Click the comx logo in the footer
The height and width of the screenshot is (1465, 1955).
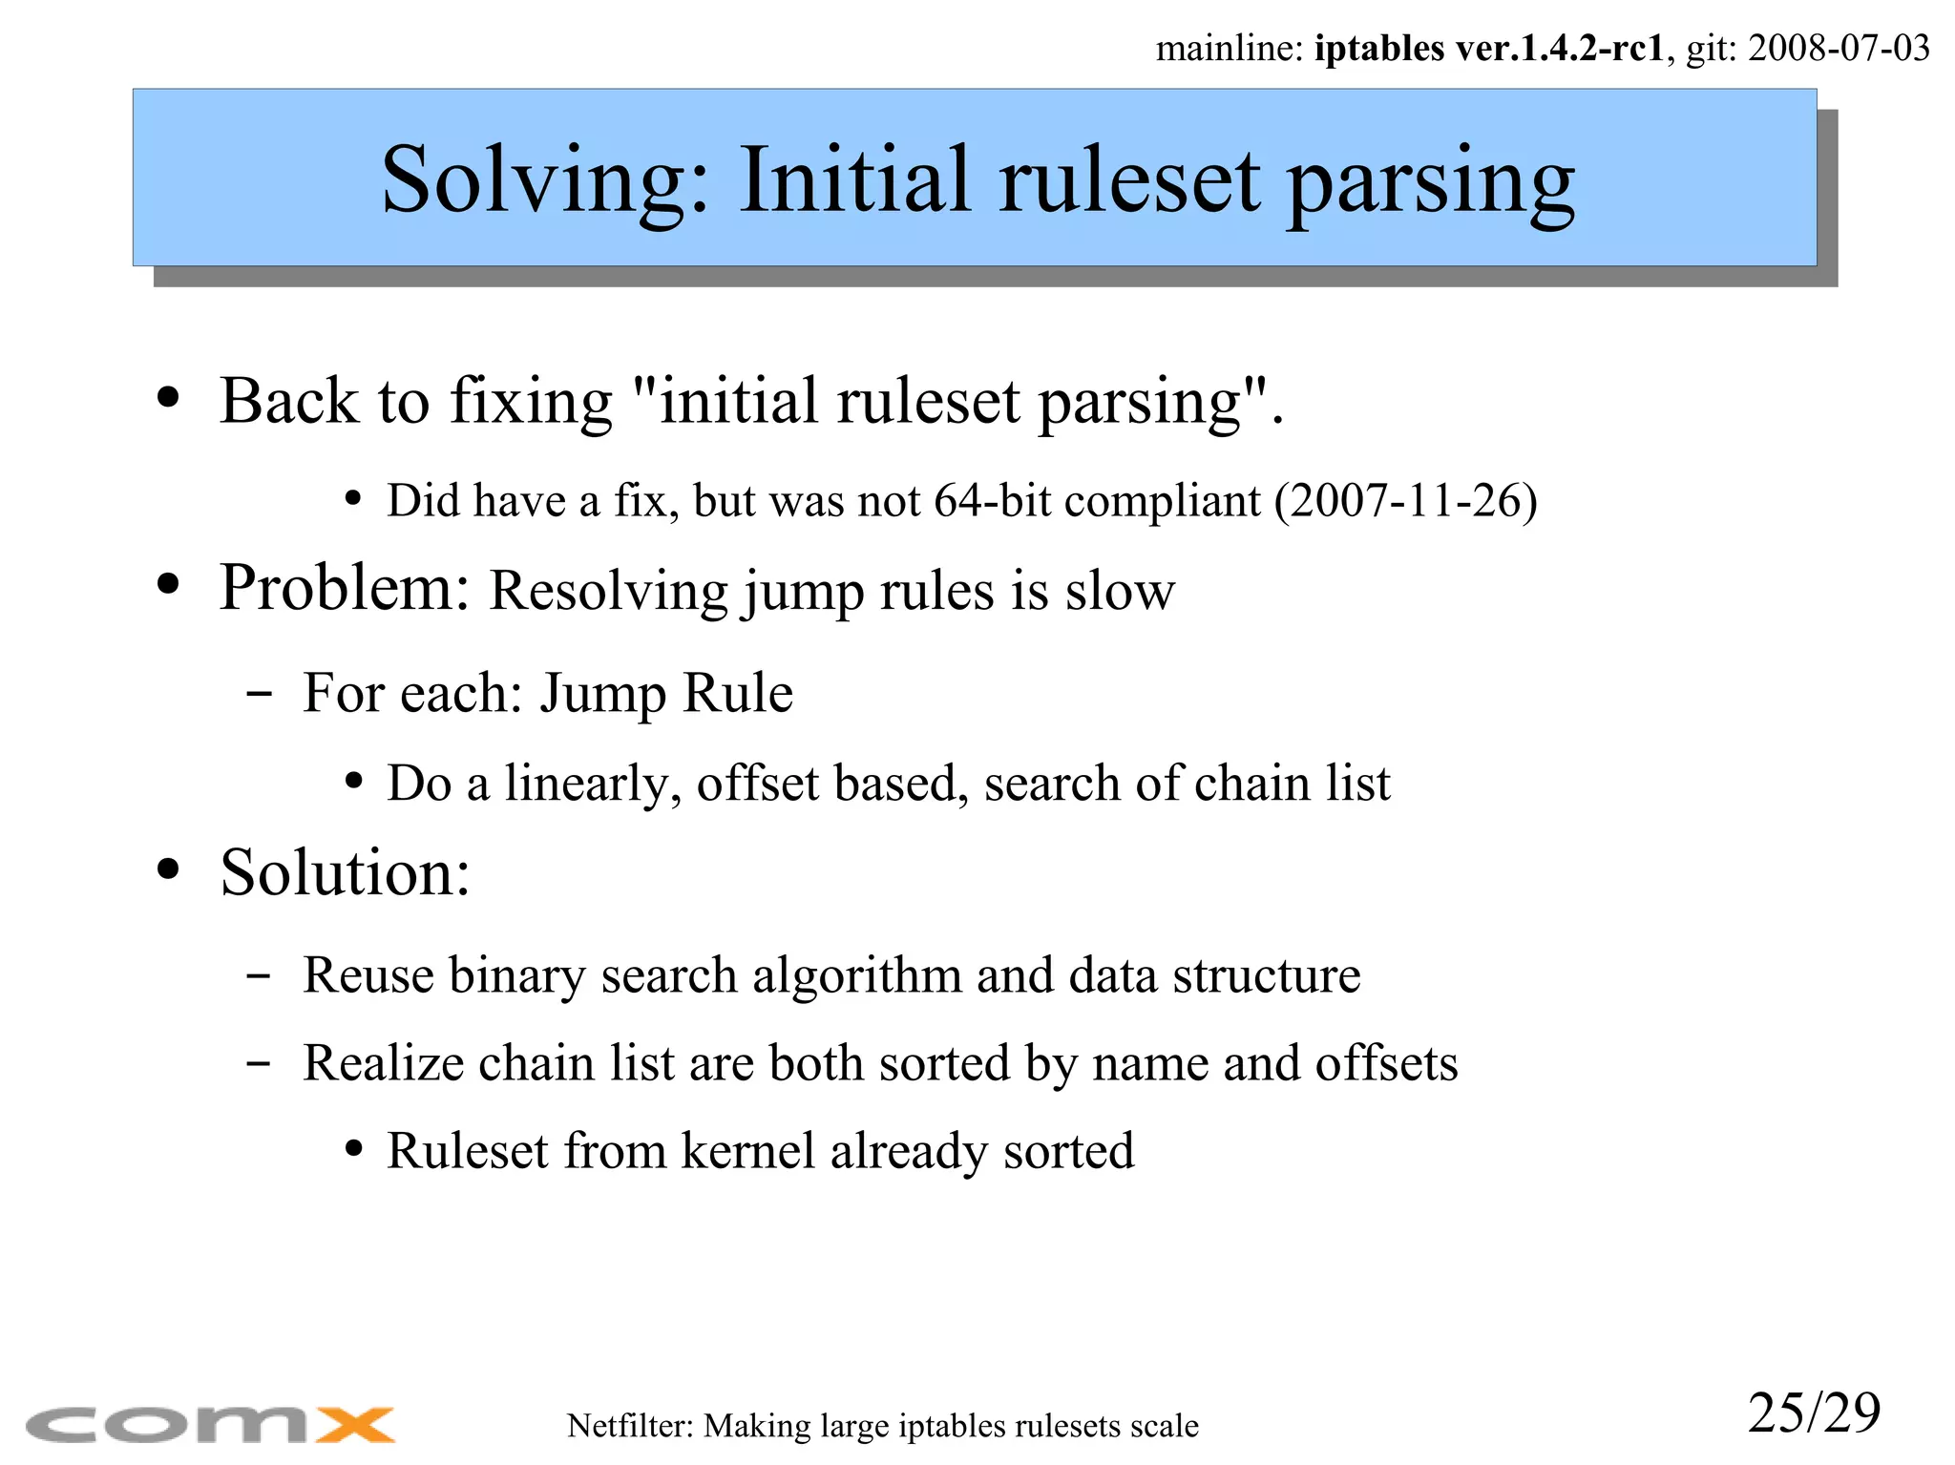point(210,1425)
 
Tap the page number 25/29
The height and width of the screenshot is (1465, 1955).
point(1814,1413)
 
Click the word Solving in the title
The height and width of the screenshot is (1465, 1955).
point(545,181)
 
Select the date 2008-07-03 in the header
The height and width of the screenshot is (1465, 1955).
point(1839,48)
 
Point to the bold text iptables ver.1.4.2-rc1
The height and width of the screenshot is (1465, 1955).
point(1489,48)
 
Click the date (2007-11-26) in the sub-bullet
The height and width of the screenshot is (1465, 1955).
point(1406,501)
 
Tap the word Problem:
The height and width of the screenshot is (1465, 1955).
point(345,588)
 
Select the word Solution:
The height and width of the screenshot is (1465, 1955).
point(345,872)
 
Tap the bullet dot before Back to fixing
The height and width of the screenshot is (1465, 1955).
point(168,398)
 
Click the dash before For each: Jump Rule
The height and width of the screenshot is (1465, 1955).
point(259,694)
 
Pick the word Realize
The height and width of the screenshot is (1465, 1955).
point(383,1063)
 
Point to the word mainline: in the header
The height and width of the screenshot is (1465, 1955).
point(1229,48)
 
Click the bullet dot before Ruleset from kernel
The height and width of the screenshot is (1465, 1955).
point(354,1150)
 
